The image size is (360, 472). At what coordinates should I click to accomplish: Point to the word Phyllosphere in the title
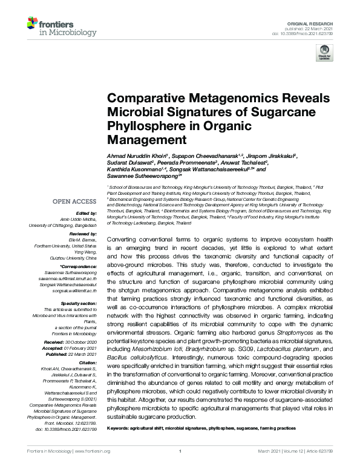coord(143,127)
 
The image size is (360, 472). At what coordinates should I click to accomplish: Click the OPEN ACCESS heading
coord(76,201)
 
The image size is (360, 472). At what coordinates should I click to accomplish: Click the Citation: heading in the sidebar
coord(86,361)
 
